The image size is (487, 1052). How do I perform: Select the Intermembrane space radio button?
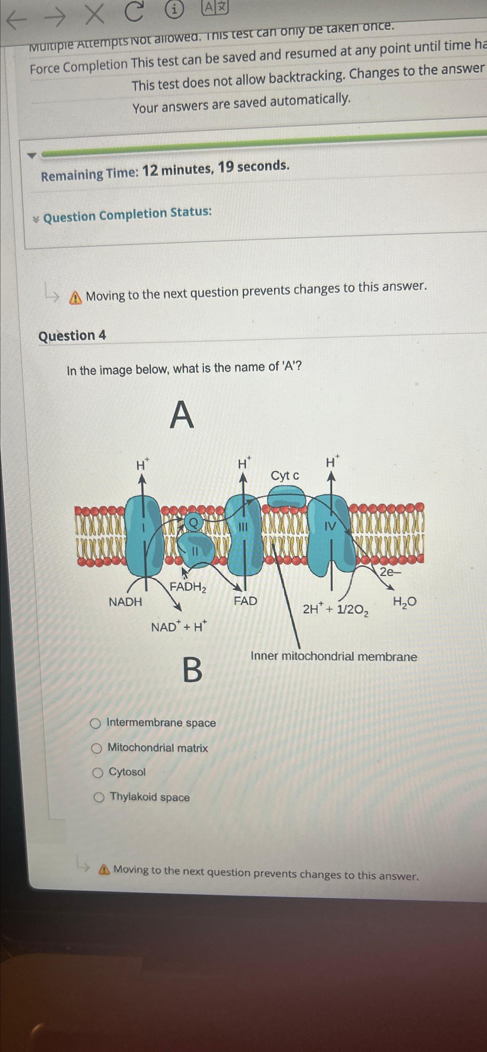pyautogui.click(x=96, y=724)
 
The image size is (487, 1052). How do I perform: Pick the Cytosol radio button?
pyautogui.click(x=98, y=773)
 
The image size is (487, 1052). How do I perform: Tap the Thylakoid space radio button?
pyautogui.click(x=99, y=798)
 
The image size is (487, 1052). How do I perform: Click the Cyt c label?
pyautogui.click(x=285, y=476)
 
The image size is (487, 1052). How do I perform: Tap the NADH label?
pyautogui.click(x=125, y=602)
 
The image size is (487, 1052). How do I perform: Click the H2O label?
pyautogui.click(x=404, y=602)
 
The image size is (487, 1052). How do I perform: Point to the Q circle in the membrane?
pyautogui.click(x=194, y=522)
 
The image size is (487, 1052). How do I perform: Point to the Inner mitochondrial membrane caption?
pyautogui.click(x=334, y=657)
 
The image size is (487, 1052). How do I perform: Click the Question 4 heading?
pyautogui.click(x=72, y=336)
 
